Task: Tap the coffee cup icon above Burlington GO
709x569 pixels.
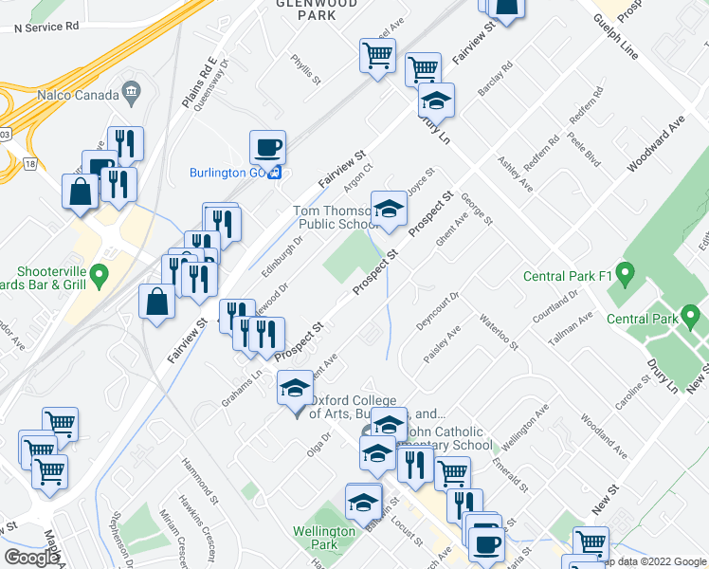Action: click(267, 148)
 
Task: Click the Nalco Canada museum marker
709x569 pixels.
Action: click(131, 94)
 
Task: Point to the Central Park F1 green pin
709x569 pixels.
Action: click(624, 276)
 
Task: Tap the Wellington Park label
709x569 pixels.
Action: click(323, 538)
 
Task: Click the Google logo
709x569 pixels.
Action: click(32, 557)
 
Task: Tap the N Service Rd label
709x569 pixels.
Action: click(46, 28)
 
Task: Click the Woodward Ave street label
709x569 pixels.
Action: click(656, 144)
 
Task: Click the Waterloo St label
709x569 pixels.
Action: click(499, 331)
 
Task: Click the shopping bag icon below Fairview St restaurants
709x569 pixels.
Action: click(156, 302)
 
